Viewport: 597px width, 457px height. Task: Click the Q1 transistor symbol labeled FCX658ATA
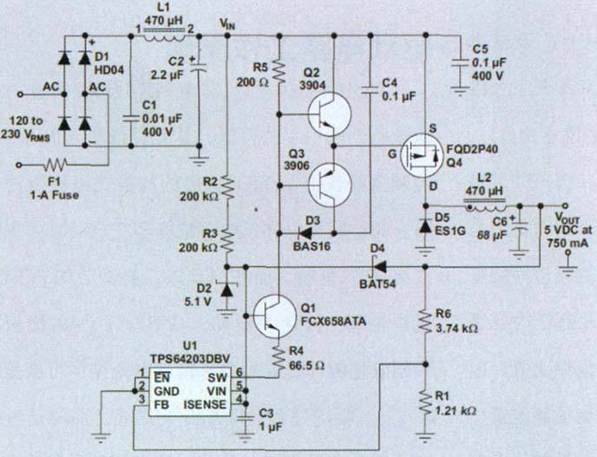point(275,317)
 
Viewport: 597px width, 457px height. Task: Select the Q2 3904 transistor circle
point(329,114)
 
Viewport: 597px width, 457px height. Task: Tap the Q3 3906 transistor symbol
point(330,186)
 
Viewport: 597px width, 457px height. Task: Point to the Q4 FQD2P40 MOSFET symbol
point(423,155)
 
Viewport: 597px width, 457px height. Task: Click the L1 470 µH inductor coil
point(165,37)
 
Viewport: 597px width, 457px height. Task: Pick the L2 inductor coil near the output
point(485,207)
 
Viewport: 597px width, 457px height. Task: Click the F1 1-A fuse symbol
point(56,165)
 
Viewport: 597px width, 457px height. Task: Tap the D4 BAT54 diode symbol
point(378,267)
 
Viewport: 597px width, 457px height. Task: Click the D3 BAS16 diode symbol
point(305,233)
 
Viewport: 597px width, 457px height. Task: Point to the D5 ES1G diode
point(425,226)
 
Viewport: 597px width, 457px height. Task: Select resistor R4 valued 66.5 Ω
point(279,359)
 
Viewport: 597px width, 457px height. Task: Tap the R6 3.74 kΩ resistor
point(426,320)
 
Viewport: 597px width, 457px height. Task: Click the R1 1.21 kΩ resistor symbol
point(426,402)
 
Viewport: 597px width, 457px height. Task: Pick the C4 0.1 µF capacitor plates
point(370,90)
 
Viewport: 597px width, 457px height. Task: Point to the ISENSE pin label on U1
point(205,405)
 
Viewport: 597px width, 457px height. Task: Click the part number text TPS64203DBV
point(190,359)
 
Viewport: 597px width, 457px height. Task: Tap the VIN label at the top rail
point(227,24)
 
